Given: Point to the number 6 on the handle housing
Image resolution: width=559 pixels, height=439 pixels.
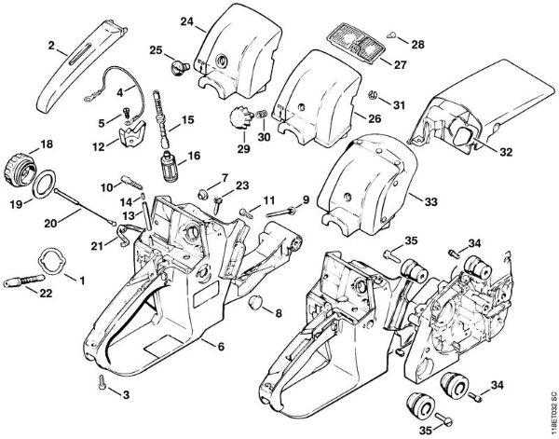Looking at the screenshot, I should tap(222, 347).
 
